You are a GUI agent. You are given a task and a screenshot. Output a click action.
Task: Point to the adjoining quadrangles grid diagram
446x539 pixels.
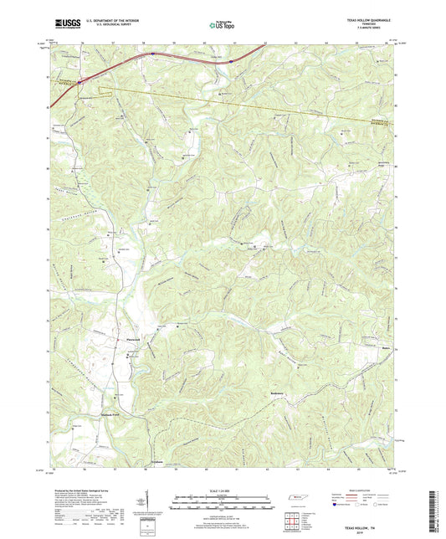pyautogui.click(x=297, y=521)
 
